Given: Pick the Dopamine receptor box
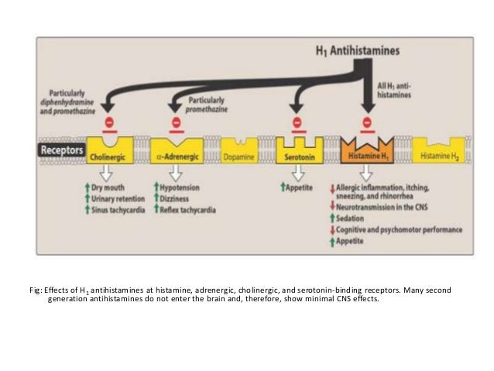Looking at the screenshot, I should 240,150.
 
